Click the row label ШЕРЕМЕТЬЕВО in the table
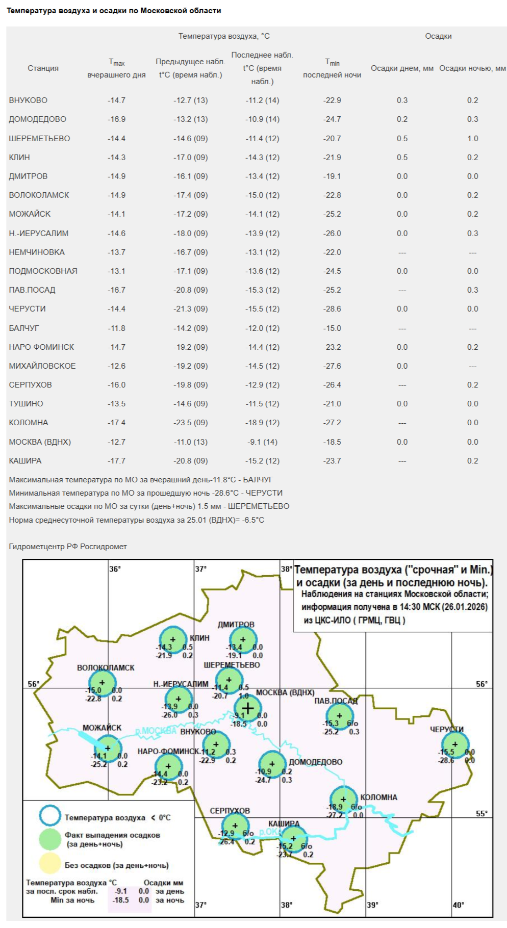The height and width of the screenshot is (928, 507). (39, 138)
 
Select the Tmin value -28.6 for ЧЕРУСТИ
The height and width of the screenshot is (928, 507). (332, 308)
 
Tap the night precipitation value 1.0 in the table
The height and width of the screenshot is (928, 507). (472, 138)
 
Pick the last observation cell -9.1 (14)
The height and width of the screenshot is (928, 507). (262, 442)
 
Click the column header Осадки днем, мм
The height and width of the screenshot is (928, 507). (402, 68)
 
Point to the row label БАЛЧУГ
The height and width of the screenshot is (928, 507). (24, 328)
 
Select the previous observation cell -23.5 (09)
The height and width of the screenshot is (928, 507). (190, 422)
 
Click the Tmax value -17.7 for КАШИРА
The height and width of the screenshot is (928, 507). (116, 460)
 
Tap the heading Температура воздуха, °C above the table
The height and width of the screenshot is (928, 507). (224, 36)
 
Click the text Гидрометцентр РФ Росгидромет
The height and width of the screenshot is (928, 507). (68, 546)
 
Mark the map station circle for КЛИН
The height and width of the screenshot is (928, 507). (173, 639)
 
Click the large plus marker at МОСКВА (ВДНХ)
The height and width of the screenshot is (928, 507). (247, 708)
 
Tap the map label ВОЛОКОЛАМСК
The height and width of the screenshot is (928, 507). (106, 667)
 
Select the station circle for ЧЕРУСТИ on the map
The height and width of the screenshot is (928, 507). (455, 744)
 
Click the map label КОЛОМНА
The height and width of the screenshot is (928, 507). (378, 797)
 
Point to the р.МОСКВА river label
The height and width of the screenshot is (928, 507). (156, 731)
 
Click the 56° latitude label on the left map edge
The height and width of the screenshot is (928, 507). (33, 684)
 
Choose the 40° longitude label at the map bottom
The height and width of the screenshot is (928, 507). (458, 904)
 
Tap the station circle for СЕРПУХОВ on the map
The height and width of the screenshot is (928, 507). (235, 826)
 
